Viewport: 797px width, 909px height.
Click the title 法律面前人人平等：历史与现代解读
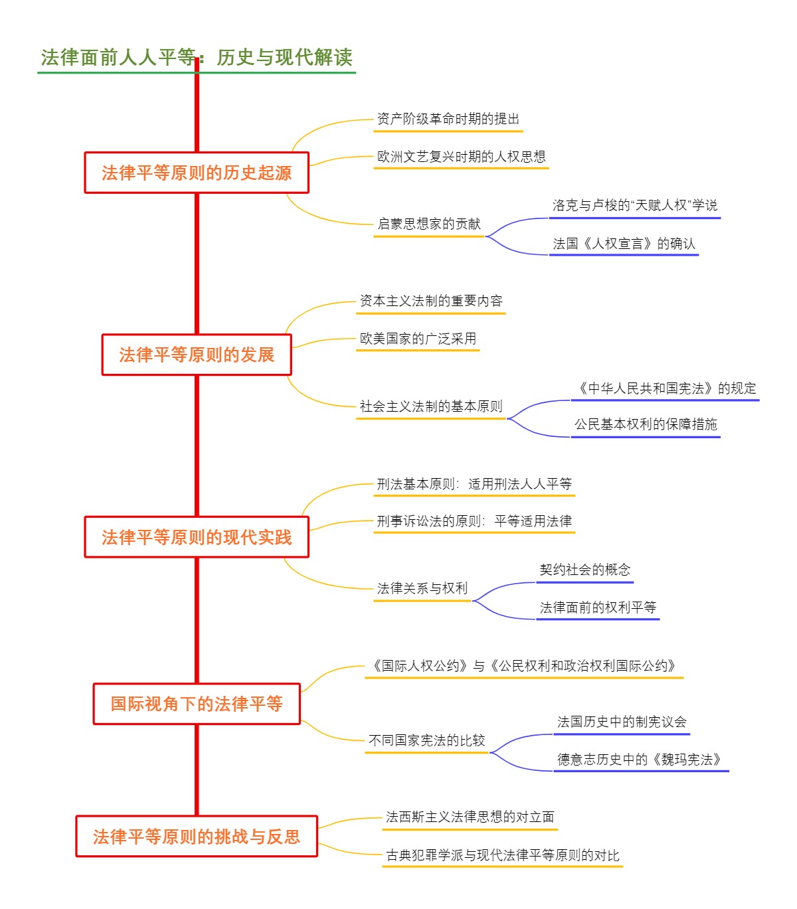197,58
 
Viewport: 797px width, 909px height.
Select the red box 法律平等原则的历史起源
197,173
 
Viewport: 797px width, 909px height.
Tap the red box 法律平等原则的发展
197,355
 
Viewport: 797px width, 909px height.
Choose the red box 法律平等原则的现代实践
197,537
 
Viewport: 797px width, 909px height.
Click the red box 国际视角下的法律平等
197,704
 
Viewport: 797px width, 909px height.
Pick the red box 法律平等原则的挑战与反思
197,837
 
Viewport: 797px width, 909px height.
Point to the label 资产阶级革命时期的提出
448,120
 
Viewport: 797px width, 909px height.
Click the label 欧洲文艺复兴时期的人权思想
461,157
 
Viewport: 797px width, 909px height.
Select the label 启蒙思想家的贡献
428,224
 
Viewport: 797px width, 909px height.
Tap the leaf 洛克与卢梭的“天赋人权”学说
634,205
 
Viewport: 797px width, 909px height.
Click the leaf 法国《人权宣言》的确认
624,244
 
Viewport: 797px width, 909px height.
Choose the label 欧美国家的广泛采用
418,339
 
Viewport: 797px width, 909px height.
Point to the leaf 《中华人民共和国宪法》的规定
665,388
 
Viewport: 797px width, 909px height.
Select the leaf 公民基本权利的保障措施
646,424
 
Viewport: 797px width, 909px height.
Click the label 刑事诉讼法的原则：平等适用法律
474,521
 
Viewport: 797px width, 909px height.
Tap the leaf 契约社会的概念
584,570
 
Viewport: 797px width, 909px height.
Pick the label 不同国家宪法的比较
426,740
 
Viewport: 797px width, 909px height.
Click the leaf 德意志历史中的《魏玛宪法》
641,760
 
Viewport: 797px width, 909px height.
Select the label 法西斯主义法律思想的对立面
470,817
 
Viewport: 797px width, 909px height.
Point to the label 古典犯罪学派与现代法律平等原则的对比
502,855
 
